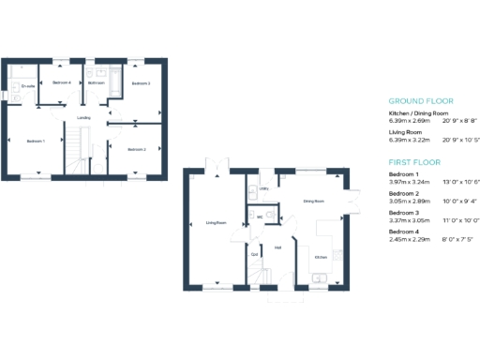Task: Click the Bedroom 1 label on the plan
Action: [36, 141]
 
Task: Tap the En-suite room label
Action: [28, 87]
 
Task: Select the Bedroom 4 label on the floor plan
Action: [62, 82]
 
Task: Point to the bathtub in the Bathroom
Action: [112, 82]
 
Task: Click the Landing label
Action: [83, 117]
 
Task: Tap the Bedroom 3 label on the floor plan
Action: [141, 83]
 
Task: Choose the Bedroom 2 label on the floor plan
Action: [137, 149]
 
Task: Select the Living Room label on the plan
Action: [217, 222]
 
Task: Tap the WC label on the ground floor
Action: [260, 217]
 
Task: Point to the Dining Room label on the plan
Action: [313, 201]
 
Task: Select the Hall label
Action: [278, 247]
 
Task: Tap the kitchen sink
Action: [320, 277]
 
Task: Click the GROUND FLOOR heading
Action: [421, 101]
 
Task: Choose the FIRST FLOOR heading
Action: [414, 161]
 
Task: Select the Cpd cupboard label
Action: [255, 254]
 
